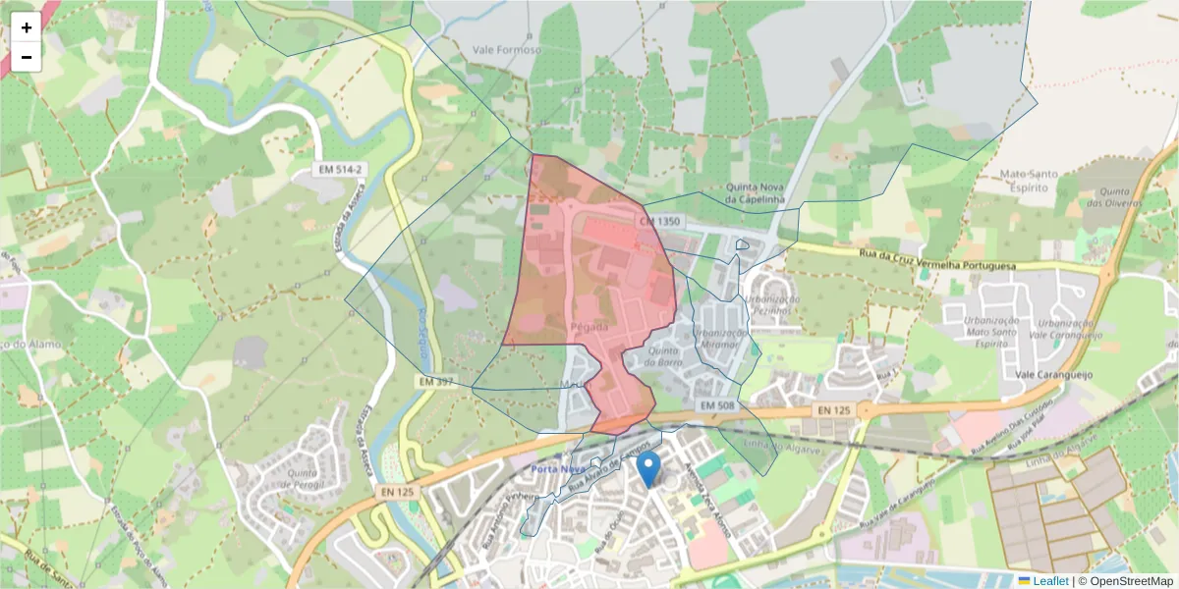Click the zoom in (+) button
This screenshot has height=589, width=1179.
[27, 27]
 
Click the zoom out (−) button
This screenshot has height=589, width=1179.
[27, 57]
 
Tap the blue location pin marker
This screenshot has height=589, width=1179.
[648, 468]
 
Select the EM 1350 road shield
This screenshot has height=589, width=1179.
[659, 223]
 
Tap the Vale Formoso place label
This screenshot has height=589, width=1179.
[507, 50]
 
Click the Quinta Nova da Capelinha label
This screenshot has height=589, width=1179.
[758, 193]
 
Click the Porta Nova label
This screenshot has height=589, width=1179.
[558, 469]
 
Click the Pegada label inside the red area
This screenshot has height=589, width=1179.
[589, 326]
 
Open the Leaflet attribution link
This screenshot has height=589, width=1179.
[1050, 581]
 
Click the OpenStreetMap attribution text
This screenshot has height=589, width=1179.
[1131, 581]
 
